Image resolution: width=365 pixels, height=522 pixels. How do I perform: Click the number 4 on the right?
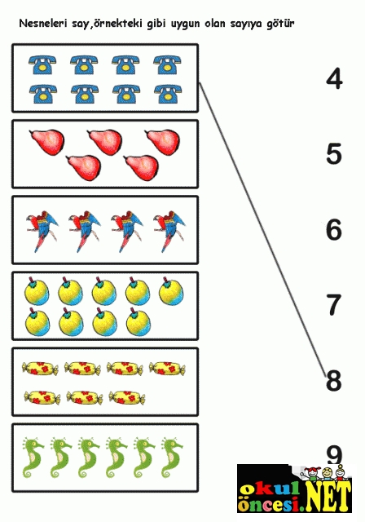(334, 80)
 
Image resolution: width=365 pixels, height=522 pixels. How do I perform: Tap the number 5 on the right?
(334, 154)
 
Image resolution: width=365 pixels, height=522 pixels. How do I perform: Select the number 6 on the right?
(334, 230)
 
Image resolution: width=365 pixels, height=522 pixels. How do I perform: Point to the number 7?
(334, 305)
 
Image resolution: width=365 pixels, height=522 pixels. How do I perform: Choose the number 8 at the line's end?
(334, 381)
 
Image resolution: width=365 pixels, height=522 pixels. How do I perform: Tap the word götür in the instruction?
(280, 24)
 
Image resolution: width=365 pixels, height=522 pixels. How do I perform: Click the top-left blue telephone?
(42, 64)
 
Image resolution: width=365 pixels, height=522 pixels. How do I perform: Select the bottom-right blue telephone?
(168, 94)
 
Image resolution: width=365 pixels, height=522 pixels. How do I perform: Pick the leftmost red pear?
(47, 142)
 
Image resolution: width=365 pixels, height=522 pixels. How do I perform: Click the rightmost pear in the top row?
(163, 142)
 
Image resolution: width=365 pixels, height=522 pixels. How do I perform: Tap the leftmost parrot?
(42, 231)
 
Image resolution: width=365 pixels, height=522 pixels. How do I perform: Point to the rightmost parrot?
(169, 231)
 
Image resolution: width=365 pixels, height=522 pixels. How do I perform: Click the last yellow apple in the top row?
(171, 290)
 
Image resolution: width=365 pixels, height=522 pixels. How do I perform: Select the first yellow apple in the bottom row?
(37, 321)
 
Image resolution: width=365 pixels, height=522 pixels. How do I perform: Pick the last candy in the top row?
(167, 369)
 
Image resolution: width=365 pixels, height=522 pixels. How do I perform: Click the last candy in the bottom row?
(127, 397)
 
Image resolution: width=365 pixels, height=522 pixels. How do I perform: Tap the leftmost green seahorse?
(33, 458)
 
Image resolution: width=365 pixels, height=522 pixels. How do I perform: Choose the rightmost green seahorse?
(172, 458)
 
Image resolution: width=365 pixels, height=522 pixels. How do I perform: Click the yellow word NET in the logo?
(328, 496)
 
